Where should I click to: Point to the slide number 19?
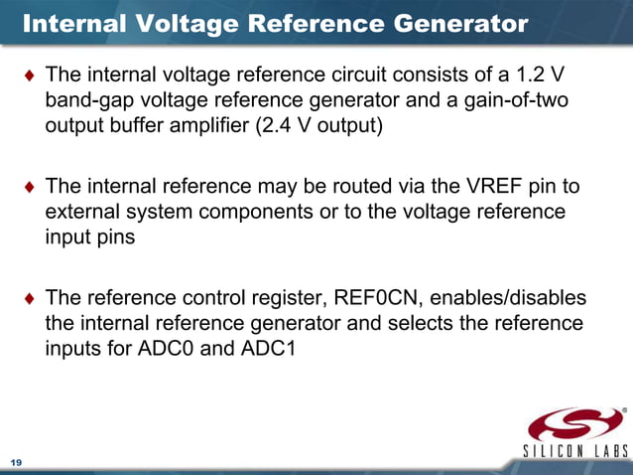16,463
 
